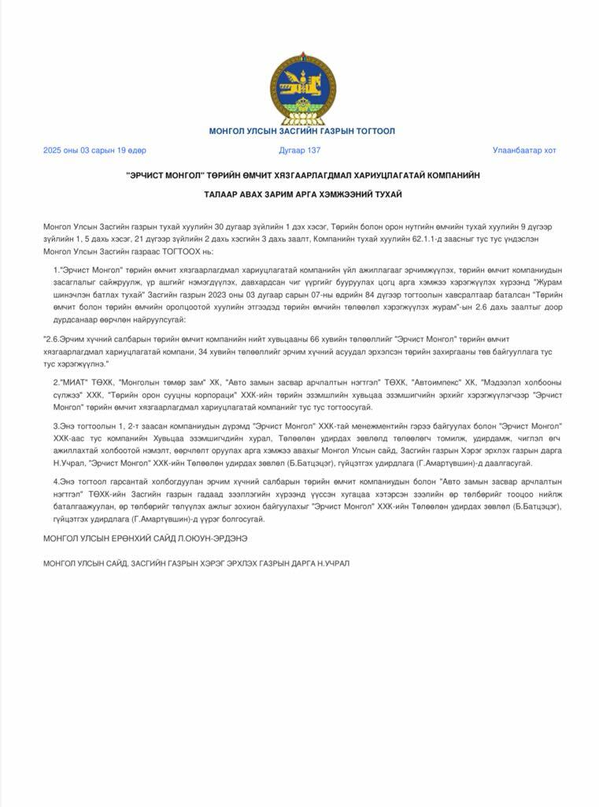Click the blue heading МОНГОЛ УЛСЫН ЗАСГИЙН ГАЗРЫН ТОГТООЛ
(x=301, y=131)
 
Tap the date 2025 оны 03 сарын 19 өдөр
(x=94, y=150)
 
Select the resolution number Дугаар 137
(x=300, y=150)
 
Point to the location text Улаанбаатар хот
(x=524, y=150)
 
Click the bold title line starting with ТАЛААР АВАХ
(x=301, y=194)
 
